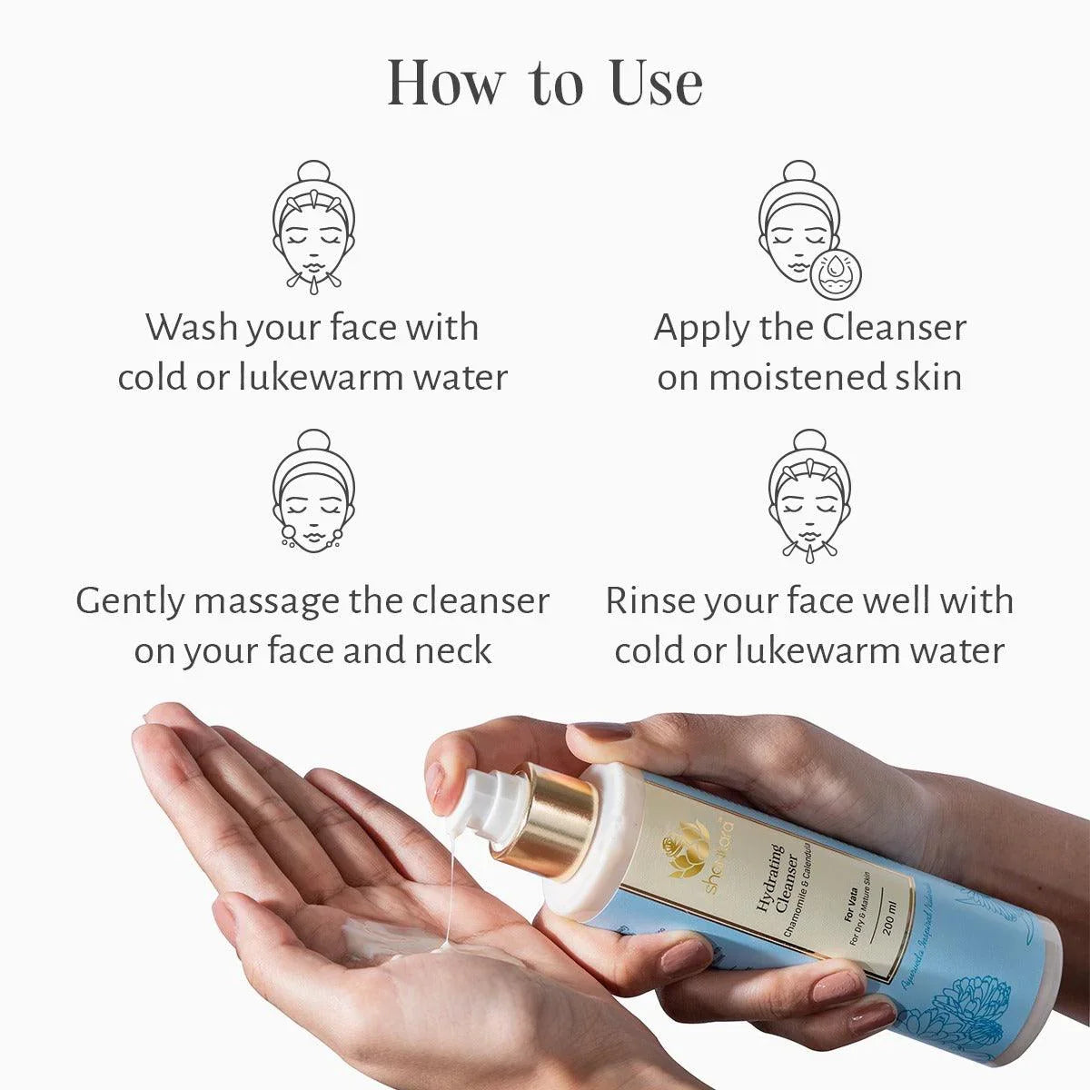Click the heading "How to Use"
[545, 83]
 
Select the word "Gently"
[130, 601]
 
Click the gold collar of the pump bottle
[545, 822]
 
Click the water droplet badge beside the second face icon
[835, 272]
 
